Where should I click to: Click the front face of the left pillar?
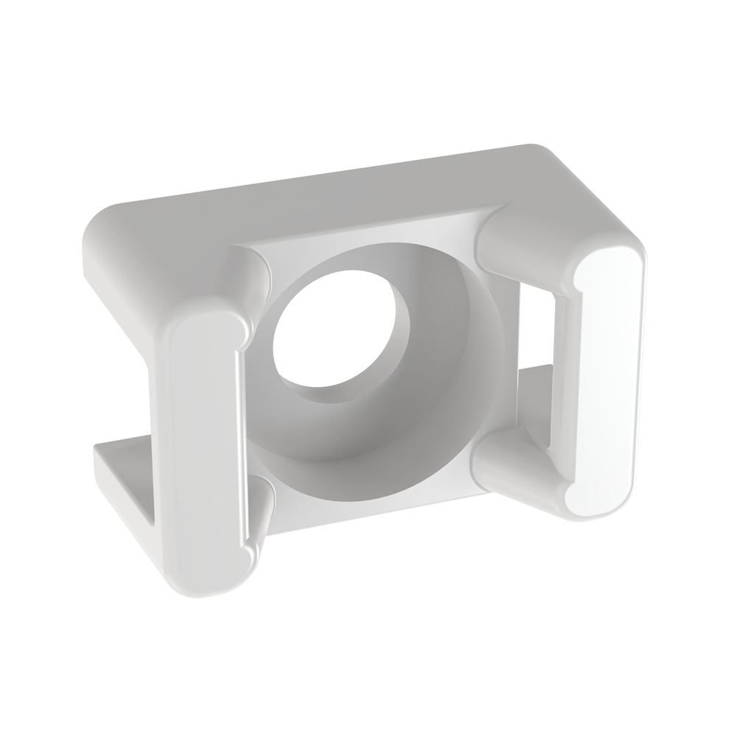click(195, 442)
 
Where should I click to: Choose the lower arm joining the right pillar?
click(509, 461)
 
